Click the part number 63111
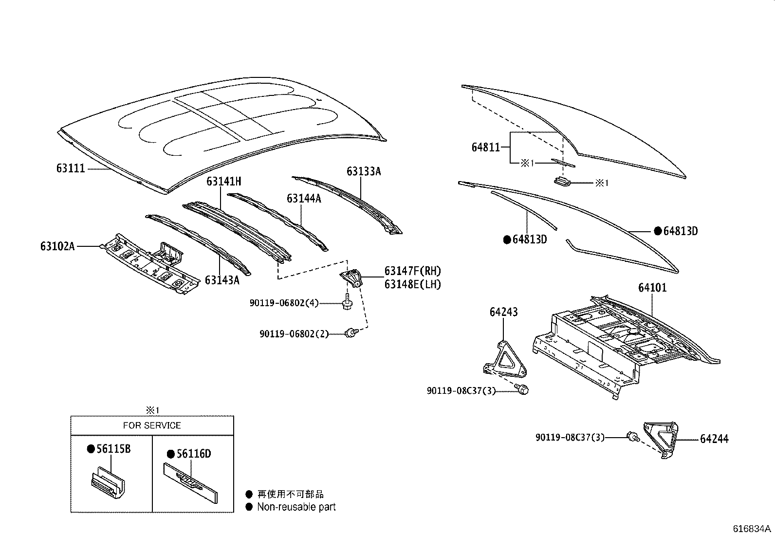pos(71,169)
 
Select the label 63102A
pos(57,246)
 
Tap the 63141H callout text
pos(223,182)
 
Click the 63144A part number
pos(304,198)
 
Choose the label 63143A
pos(222,280)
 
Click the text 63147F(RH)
pos(412,271)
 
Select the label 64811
pos(485,147)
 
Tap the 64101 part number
pos(652,288)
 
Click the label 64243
pos(503,312)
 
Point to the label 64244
pos(714,439)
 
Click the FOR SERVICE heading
pos(152,425)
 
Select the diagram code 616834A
pos(752,529)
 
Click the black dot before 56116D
pos(170,454)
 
